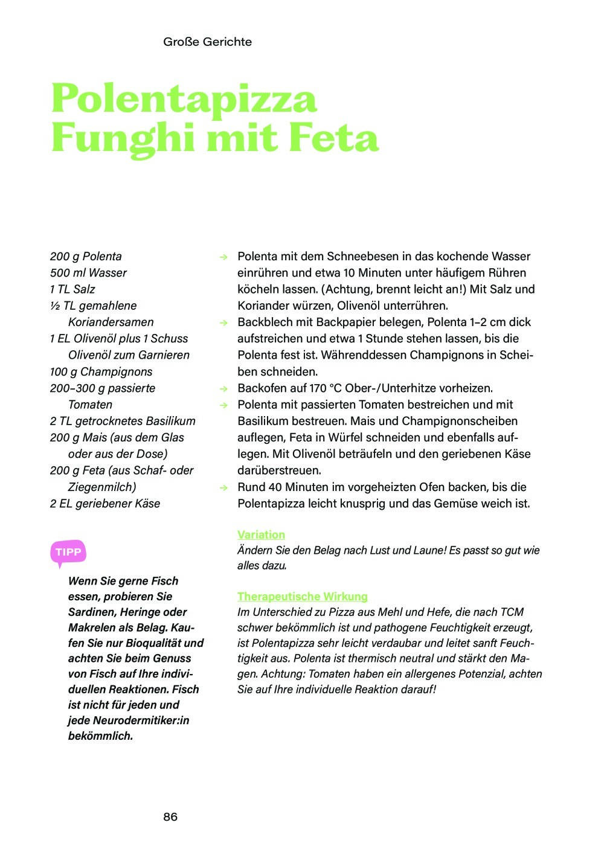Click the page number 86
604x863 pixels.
(x=170, y=816)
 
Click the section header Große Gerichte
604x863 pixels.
(x=207, y=42)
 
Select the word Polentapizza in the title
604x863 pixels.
(x=184, y=98)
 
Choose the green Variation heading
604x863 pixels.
(x=261, y=534)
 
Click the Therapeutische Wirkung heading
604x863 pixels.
(x=302, y=597)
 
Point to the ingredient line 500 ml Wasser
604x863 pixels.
(x=88, y=273)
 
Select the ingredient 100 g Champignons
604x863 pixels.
(x=101, y=372)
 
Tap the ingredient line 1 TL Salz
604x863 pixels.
(x=72, y=289)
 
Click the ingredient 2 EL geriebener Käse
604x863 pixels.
(x=105, y=504)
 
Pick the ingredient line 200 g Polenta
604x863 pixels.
(x=86, y=257)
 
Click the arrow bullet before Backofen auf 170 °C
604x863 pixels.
(x=223, y=389)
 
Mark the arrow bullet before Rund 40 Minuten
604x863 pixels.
(x=223, y=487)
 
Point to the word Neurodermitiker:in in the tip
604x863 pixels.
(x=141, y=720)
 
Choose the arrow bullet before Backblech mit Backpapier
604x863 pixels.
(x=223, y=323)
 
